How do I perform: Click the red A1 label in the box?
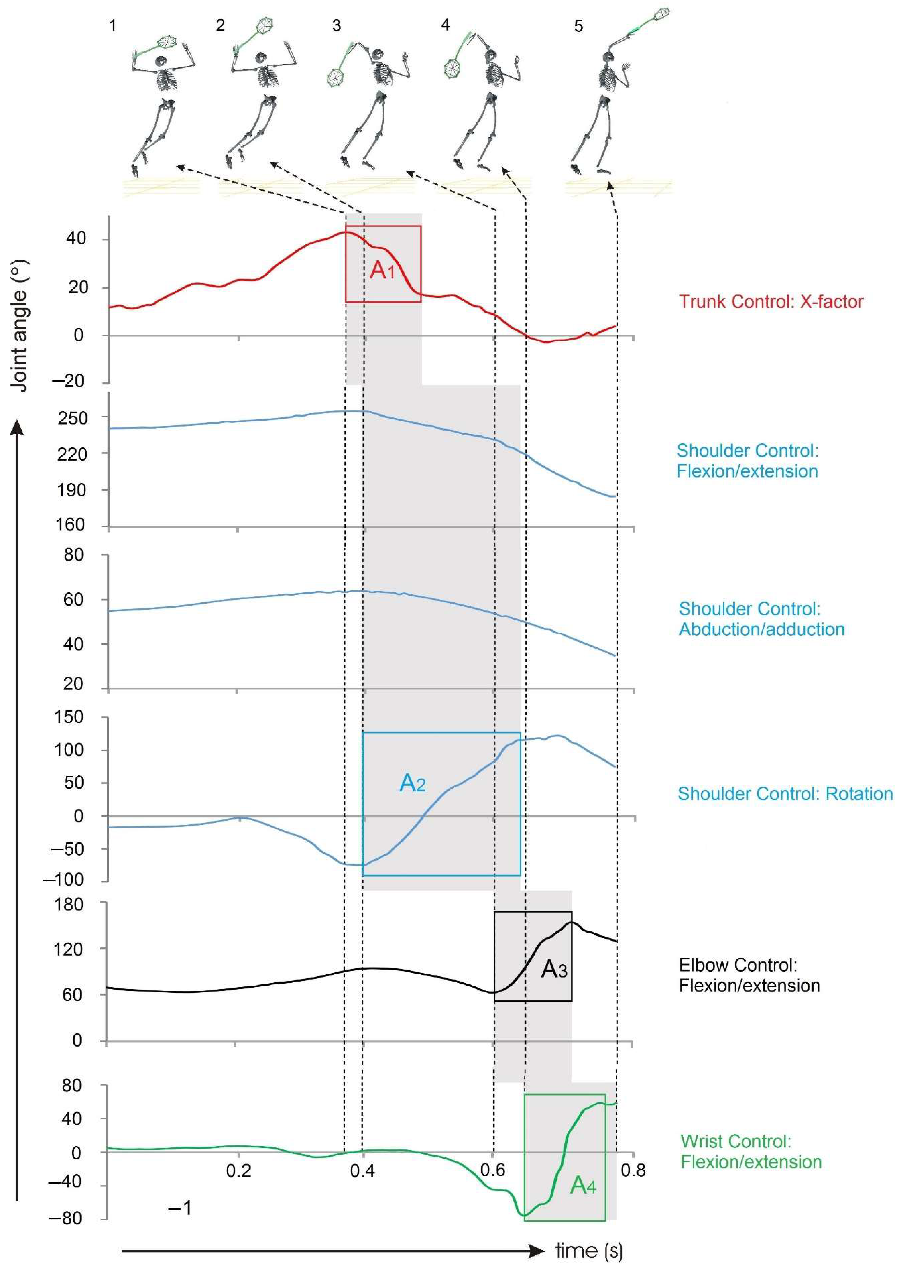click(x=382, y=270)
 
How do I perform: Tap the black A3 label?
click(x=554, y=969)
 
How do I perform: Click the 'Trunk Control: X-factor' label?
click(x=771, y=301)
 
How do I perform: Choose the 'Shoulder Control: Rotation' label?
click(x=785, y=793)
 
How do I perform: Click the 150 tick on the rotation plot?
click(x=69, y=717)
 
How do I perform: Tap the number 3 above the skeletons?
click(x=336, y=26)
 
